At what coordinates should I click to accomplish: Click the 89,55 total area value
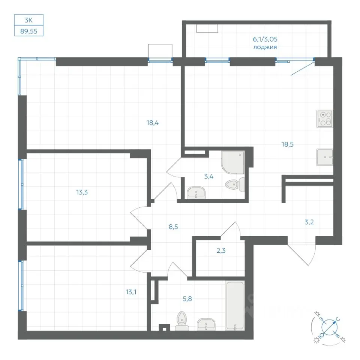pyautogui.click(x=29, y=31)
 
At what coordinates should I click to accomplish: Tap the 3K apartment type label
pyautogui.click(x=28, y=20)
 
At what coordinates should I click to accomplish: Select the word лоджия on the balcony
pyautogui.click(x=265, y=47)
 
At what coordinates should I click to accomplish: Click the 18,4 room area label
pyautogui.click(x=153, y=123)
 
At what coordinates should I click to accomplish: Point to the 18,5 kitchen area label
pyautogui.click(x=288, y=144)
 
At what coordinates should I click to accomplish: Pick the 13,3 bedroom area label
pyautogui.click(x=82, y=192)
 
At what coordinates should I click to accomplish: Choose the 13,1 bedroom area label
pyautogui.click(x=131, y=292)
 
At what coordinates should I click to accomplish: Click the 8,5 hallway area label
pyautogui.click(x=173, y=227)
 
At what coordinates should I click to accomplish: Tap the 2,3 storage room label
pyautogui.click(x=221, y=250)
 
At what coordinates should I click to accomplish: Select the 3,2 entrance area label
pyautogui.click(x=309, y=222)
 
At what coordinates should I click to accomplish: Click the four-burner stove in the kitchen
pyautogui.click(x=325, y=119)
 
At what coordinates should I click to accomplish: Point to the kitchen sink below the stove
pyautogui.click(x=325, y=157)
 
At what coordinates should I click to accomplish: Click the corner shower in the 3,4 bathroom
pyautogui.click(x=232, y=162)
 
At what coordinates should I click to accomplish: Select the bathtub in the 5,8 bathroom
pyautogui.click(x=235, y=306)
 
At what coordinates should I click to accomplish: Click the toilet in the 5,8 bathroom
pyautogui.click(x=182, y=321)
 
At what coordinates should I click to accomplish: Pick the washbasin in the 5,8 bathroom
pyautogui.click(x=206, y=324)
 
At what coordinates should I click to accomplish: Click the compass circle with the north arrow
pyautogui.click(x=328, y=327)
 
